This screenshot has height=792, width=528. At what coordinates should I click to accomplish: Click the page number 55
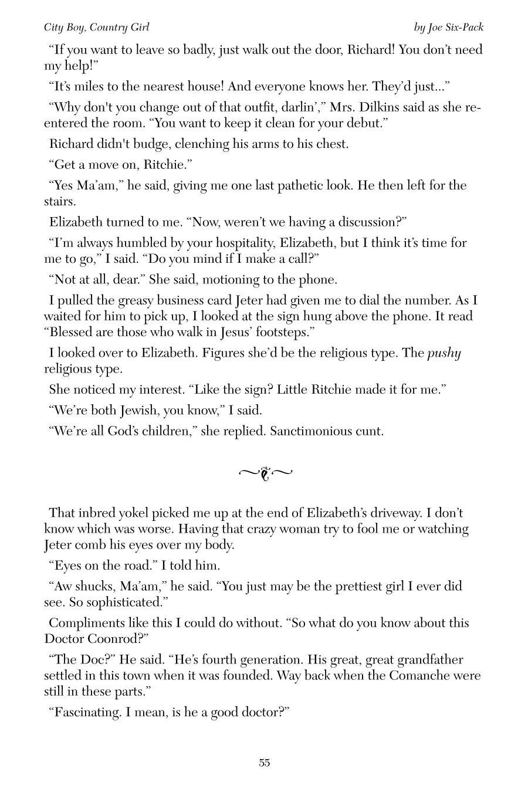pyautogui.click(x=264, y=763)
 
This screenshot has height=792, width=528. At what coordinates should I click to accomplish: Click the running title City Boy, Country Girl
pyautogui.click(x=97, y=28)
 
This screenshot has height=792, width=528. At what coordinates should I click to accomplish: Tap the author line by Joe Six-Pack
pyautogui.click(x=448, y=28)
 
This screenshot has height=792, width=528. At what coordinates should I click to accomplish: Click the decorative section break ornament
pyautogui.click(x=265, y=473)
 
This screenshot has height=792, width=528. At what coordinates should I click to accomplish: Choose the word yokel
pyautogui.click(x=129, y=513)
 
